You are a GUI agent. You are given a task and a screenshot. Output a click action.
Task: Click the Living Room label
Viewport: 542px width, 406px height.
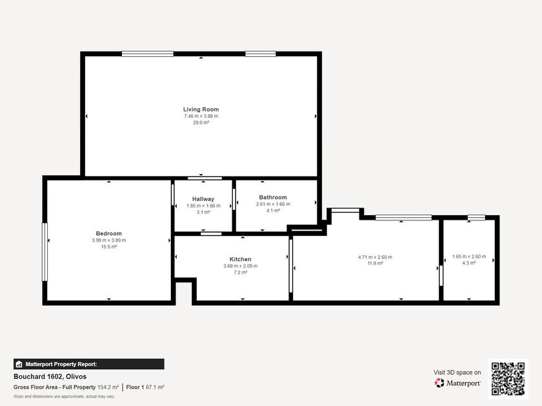coord(201,109)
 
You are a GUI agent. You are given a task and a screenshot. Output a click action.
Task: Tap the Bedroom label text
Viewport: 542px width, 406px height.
coord(109,233)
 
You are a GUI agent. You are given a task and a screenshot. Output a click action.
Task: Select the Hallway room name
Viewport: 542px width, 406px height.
coord(203,199)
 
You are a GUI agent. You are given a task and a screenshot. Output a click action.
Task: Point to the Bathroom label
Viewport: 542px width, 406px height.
coord(273,197)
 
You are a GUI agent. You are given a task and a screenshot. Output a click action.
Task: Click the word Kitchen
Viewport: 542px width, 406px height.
coord(241,259)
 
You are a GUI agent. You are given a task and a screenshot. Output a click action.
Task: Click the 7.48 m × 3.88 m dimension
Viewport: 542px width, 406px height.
coord(201,116)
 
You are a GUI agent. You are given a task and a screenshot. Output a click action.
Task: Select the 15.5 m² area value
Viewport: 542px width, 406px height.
coord(109,247)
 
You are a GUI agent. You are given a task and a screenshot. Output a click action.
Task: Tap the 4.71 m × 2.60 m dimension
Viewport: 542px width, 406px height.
coord(375,257)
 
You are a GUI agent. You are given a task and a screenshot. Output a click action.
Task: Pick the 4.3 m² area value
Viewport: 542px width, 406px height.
coord(469,263)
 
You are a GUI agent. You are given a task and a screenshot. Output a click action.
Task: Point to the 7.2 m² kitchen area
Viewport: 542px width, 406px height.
coord(241,273)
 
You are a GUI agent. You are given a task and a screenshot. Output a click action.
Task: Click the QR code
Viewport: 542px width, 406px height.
coord(508,379)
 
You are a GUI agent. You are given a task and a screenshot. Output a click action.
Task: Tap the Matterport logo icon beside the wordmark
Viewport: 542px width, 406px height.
coord(439,383)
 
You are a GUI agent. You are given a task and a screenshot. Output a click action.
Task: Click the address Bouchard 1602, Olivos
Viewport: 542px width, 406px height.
coord(50,376)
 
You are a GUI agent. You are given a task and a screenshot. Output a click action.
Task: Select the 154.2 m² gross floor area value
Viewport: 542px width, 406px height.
coord(108,387)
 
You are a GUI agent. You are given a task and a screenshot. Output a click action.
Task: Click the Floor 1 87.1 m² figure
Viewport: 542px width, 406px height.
coord(145,387)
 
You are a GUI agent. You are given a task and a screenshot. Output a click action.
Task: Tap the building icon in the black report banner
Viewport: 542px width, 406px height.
coord(19,364)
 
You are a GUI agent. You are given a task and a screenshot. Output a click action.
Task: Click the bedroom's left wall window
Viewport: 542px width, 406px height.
coord(45,252)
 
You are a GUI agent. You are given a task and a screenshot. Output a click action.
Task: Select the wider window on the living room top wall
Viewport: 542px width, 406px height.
coord(148,53)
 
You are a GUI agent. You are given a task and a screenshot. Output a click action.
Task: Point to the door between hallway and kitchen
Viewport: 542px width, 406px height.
coord(211,234)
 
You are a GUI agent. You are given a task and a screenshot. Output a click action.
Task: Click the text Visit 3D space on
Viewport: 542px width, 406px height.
coord(457,372)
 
